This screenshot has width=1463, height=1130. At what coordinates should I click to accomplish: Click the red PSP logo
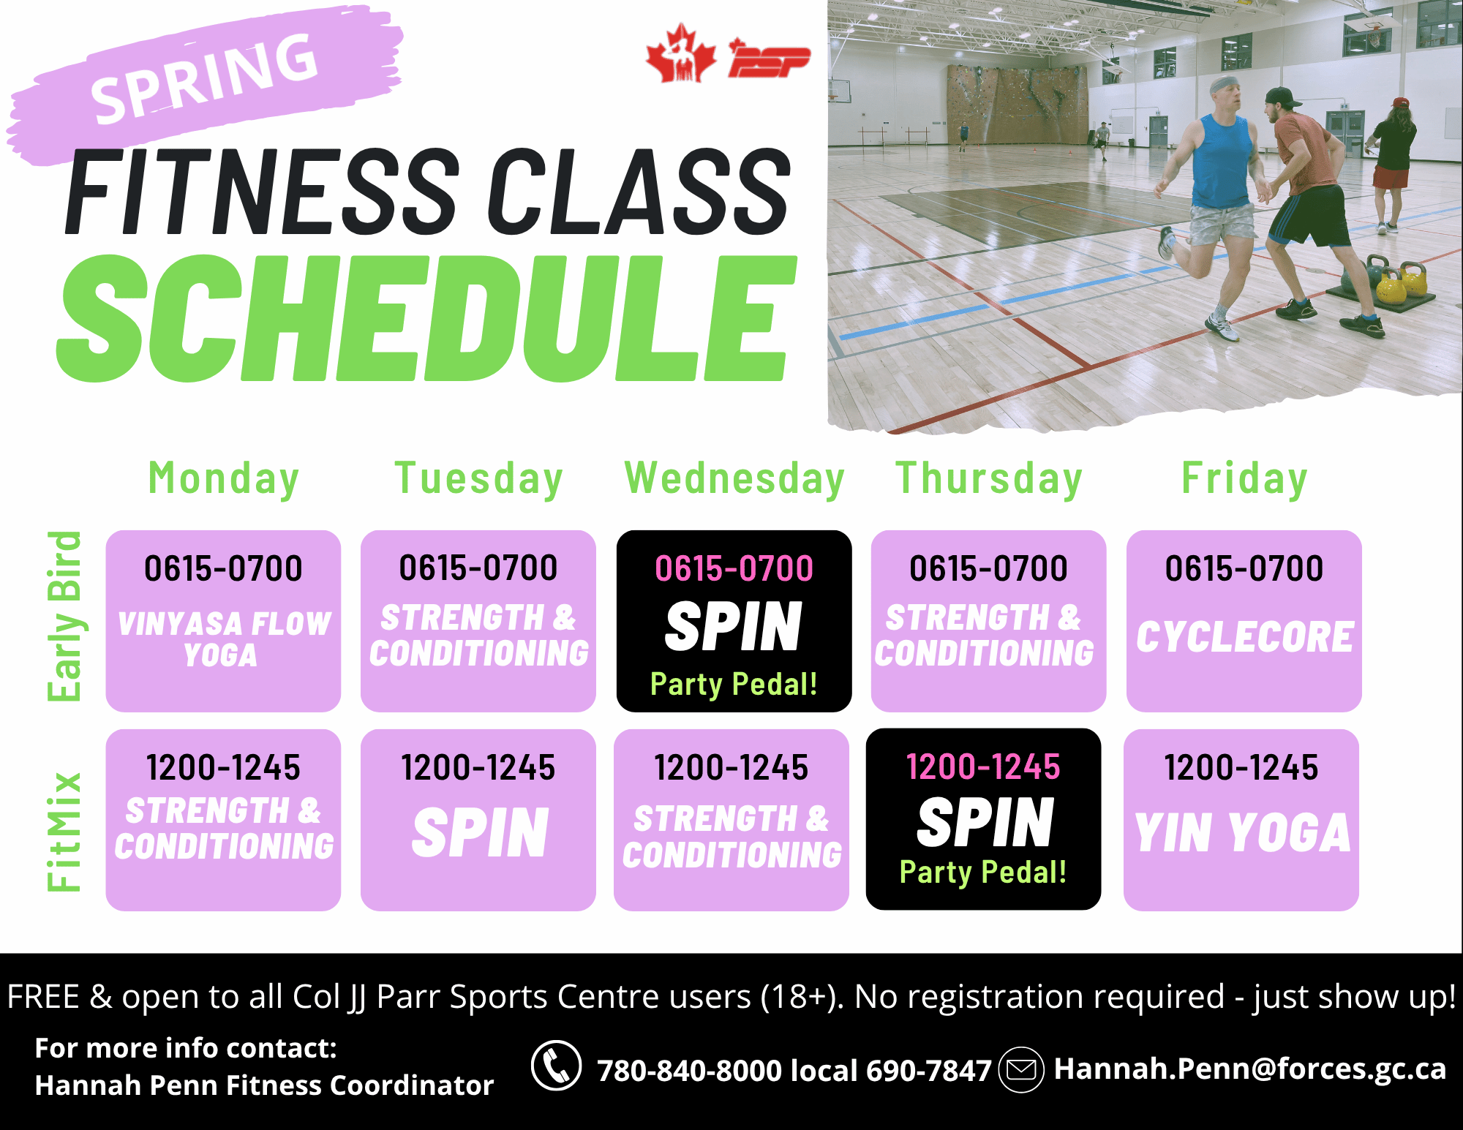click(768, 59)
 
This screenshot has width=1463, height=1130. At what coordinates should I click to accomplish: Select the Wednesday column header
click(734, 478)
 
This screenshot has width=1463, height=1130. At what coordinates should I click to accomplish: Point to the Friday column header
click(1244, 479)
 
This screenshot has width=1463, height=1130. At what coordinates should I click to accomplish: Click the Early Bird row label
click(64, 616)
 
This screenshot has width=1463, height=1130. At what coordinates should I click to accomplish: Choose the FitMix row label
click(64, 832)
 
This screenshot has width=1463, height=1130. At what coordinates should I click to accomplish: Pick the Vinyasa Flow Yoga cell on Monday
click(223, 621)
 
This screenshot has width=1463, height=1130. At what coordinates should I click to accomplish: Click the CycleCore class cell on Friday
click(1244, 621)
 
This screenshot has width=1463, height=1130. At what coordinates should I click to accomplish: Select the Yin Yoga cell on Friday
click(1241, 820)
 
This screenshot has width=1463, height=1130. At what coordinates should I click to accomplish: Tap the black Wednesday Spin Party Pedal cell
click(734, 621)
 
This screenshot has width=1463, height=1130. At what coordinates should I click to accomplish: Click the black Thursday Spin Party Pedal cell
click(983, 819)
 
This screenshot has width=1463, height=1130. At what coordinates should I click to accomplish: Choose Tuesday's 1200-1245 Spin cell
click(478, 820)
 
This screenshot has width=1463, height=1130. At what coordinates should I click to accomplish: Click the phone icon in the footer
click(556, 1066)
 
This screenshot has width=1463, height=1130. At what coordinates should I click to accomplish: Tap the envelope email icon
click(1021, 1069)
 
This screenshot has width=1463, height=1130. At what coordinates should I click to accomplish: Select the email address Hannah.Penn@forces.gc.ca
click(1249, 1069)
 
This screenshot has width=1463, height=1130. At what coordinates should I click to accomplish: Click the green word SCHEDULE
click(427, 319)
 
